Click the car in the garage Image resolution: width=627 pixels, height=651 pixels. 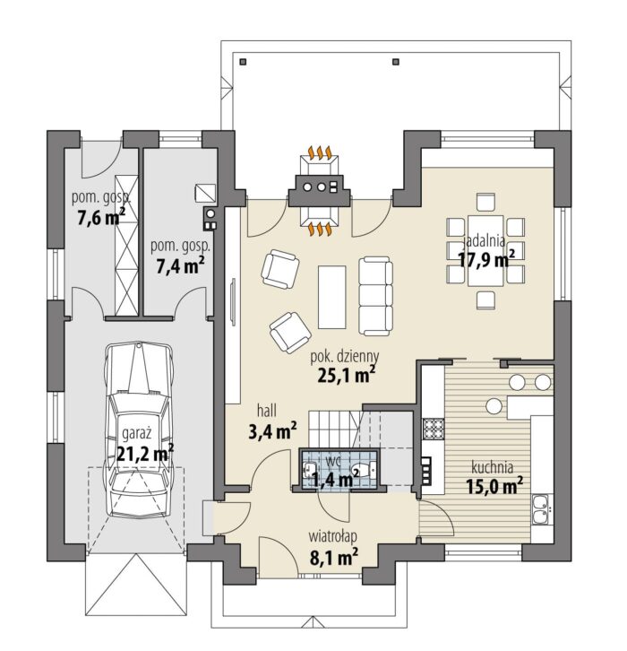(139, 430)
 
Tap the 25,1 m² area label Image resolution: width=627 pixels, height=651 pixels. (347, 376)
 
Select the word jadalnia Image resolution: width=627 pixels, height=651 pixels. (484, 241)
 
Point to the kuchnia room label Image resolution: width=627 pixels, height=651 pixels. (493, 467)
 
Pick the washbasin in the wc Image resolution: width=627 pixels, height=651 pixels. (308, 471)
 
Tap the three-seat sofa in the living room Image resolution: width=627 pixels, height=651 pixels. (375, 296)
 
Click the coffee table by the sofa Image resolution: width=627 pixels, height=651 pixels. (331, 297)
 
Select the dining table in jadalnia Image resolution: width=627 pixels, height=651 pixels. (485, 250)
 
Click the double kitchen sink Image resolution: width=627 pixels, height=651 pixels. (541, 510)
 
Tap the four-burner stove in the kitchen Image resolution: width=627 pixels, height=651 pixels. (434, 429)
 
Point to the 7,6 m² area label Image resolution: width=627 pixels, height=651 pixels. (101, 218)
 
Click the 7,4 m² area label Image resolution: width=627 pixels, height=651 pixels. (180, 265)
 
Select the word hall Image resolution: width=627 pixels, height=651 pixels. (267, 411)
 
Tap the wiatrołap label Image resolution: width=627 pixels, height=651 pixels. (332, 536)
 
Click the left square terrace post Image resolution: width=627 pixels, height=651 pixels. (244, 62)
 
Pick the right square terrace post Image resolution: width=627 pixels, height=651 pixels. (396, 62)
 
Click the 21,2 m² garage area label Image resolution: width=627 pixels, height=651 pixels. (145, 454)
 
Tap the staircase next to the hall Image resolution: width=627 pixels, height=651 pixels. (335, 430)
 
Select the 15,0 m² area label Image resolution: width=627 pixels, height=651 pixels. (494, 486)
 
